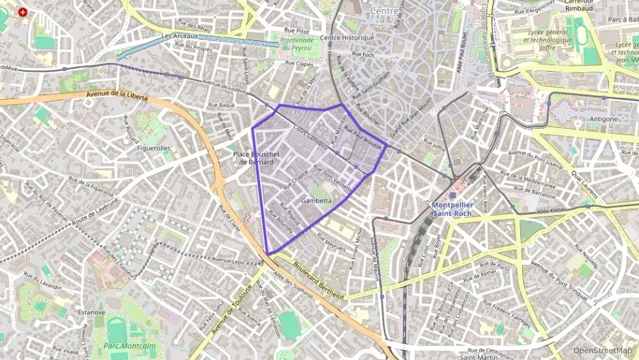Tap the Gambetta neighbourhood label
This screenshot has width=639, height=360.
[317, 201]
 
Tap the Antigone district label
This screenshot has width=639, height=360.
[602, 119]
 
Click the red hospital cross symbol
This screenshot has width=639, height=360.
[23, 12]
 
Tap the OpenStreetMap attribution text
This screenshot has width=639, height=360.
[603, 350]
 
